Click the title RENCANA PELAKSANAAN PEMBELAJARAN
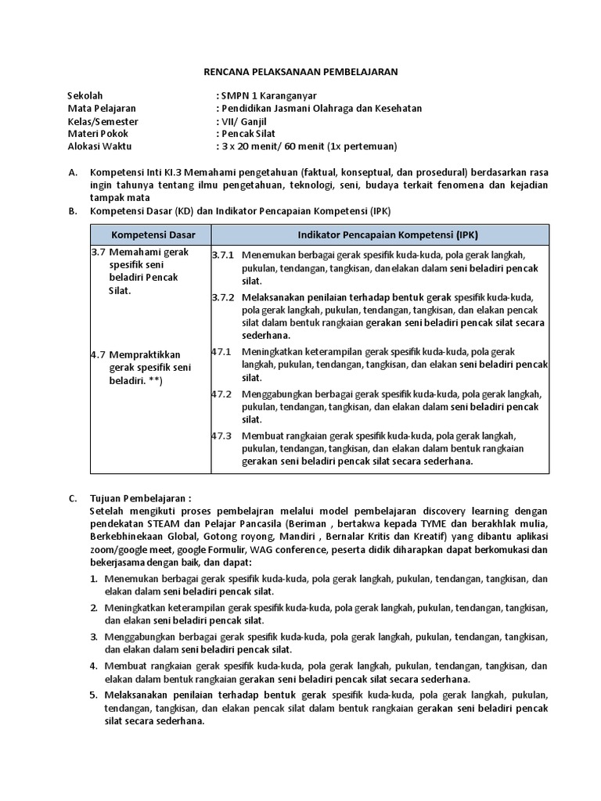coord(300,72)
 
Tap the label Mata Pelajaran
coord(102,108)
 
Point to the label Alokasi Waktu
coord(100,145)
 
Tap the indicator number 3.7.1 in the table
coord(222,255)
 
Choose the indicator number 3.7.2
coord(222,297)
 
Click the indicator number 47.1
coord(221,351)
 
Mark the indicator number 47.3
coord(221,436)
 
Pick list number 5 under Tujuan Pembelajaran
coord(92,695)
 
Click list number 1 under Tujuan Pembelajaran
coord(92,579)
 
